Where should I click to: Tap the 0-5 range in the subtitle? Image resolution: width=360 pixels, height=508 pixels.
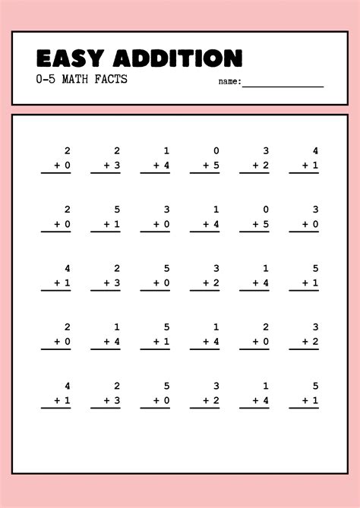coord(46,79)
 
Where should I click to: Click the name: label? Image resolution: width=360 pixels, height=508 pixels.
coord(229,81)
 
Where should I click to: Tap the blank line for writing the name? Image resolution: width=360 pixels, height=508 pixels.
coord(283,86)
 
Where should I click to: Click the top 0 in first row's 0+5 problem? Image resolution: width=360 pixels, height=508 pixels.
coord(216,150)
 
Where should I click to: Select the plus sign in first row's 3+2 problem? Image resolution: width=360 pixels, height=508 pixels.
coord(255,165)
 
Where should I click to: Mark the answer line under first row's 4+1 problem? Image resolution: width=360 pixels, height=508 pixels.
coord(304,173)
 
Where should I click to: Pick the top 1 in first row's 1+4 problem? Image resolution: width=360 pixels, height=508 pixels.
coord(167,150)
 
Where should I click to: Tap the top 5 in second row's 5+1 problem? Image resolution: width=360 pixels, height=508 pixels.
coord(117,209)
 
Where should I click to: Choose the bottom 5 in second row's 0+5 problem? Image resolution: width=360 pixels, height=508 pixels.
coord(266,223)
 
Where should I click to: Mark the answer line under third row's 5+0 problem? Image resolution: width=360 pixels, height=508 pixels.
coord(155,291)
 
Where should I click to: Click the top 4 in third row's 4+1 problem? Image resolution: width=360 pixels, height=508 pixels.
coord(68,268)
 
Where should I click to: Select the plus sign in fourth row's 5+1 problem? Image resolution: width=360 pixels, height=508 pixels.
coord(156,341)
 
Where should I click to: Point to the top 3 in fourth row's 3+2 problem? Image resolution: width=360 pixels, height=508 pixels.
coord(315,327)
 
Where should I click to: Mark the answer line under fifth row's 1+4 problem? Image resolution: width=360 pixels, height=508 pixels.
coord(254,409)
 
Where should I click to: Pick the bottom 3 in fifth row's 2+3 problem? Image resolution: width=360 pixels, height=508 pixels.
coord(117,400)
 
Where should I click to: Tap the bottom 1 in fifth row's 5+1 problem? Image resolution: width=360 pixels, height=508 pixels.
coord(315,400)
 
